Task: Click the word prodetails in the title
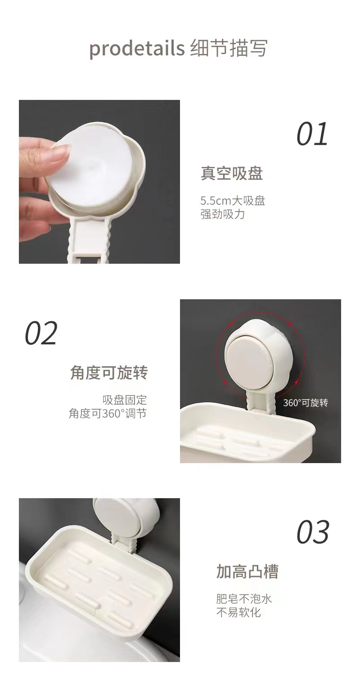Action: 137,48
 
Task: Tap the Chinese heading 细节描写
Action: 229,48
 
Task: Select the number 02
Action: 41,333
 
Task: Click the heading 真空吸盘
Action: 232,173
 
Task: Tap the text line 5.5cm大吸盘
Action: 233,201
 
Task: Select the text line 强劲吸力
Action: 222,214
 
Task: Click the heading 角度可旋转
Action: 109,373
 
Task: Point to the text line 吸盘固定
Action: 125,400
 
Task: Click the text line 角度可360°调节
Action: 108,414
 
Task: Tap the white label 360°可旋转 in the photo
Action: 306,403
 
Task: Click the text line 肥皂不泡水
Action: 244,599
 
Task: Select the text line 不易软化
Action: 238,612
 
